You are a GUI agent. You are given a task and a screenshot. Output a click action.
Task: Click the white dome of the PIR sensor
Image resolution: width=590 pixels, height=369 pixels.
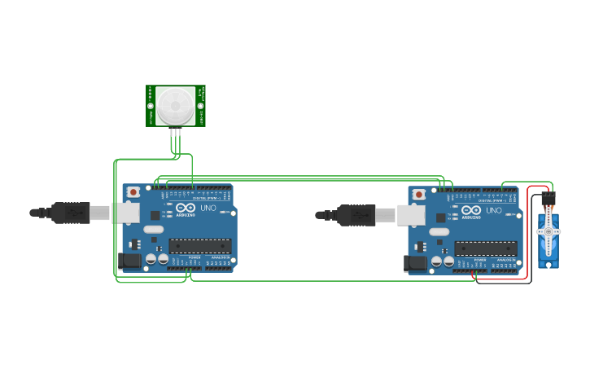(176, 105)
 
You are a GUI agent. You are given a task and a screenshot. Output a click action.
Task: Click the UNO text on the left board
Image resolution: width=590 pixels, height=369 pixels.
(208, 209)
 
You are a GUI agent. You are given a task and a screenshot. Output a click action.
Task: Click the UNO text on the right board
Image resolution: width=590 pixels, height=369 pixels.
(494, 210)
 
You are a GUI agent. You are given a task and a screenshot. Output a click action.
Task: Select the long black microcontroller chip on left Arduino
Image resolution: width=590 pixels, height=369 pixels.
(199, 246)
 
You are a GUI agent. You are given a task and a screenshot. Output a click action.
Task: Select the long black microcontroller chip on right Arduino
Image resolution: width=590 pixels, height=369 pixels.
(485, 248)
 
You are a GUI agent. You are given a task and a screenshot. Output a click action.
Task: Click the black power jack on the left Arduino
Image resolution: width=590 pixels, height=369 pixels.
(129, 261)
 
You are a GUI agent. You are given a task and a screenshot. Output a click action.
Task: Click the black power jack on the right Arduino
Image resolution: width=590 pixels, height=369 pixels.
(414, 263)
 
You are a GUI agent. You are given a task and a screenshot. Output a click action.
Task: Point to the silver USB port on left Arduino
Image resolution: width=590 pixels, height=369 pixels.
(126, 213)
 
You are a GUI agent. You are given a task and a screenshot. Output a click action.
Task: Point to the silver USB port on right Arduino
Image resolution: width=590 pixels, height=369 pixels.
(411, 214)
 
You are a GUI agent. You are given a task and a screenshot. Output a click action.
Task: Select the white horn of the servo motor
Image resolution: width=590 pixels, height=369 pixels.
(548, 231)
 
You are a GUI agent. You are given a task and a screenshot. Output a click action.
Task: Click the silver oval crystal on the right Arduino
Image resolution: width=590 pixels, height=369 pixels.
(439, 232)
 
